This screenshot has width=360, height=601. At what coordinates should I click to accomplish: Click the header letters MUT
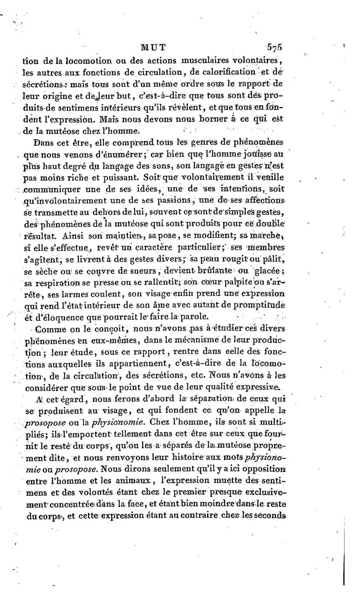coord(153,46)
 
